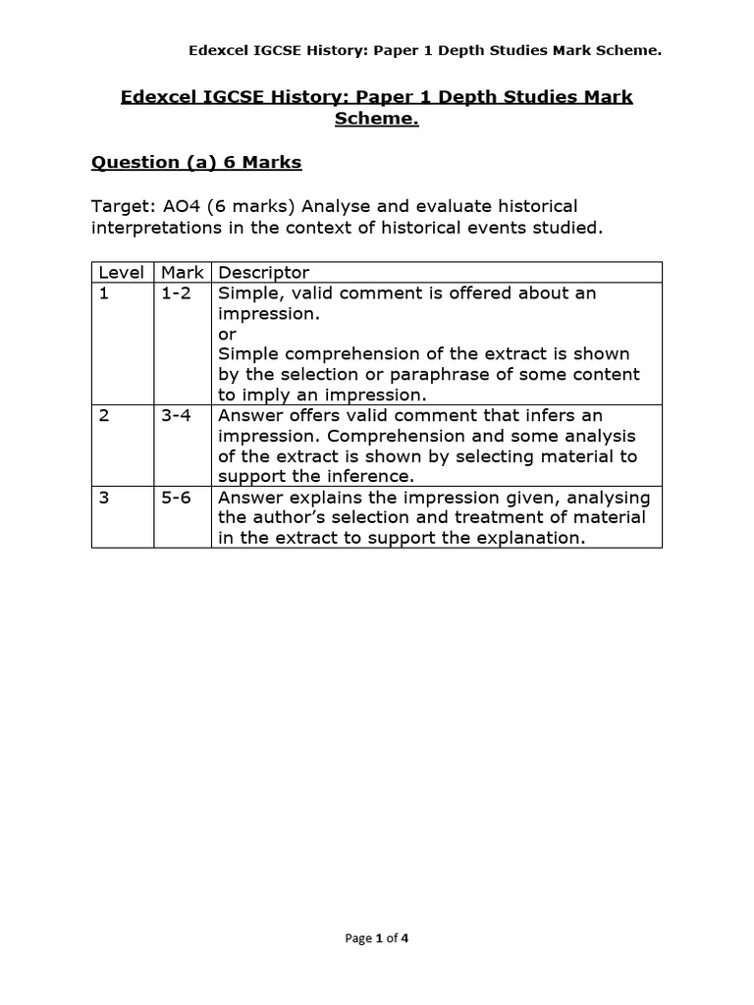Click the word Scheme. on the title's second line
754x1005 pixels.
click(376, 119)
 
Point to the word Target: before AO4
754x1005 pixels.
click(121, 207)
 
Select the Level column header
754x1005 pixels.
click(122, 273)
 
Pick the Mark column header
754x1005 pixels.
click(182, 273)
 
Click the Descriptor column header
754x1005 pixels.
click(263, 273)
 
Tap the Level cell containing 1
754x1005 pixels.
click(103, 293)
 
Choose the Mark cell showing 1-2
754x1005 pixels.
click(177, 293)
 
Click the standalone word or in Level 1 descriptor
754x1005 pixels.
click(227, 334)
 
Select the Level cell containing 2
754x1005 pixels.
click(104, 415)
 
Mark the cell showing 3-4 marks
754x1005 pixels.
click(177, 415)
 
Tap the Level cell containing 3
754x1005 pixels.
click(104, 497)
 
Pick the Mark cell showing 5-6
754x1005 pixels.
click(177, 497)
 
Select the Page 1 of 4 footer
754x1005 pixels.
click(377, 938)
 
